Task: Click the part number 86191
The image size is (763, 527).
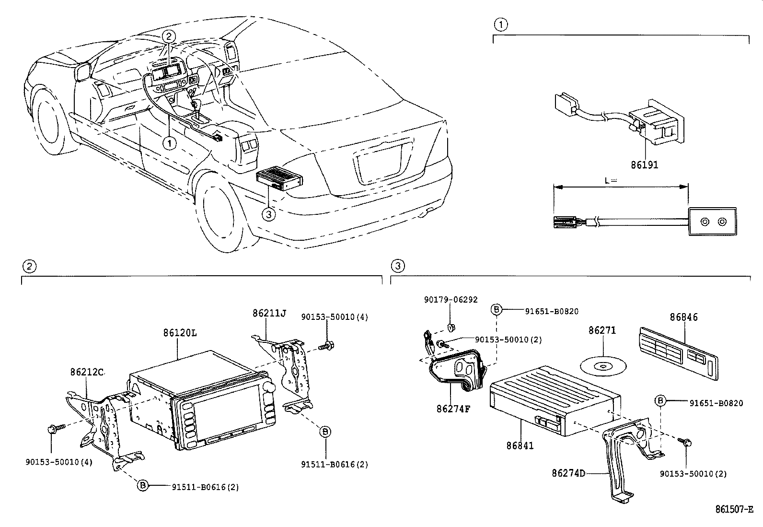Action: click(x=644, y=165)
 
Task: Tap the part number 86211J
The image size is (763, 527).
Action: click(x=269, y=313)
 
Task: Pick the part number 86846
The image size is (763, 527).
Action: click(x=683, y=317)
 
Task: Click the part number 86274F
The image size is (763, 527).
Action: click(x=453, y=409)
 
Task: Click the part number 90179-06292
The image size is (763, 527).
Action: click(x=451, y=299)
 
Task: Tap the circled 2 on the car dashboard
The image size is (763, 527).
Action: click(x=168, y=35)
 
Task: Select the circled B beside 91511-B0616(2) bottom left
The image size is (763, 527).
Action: click(x=142, y=486)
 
